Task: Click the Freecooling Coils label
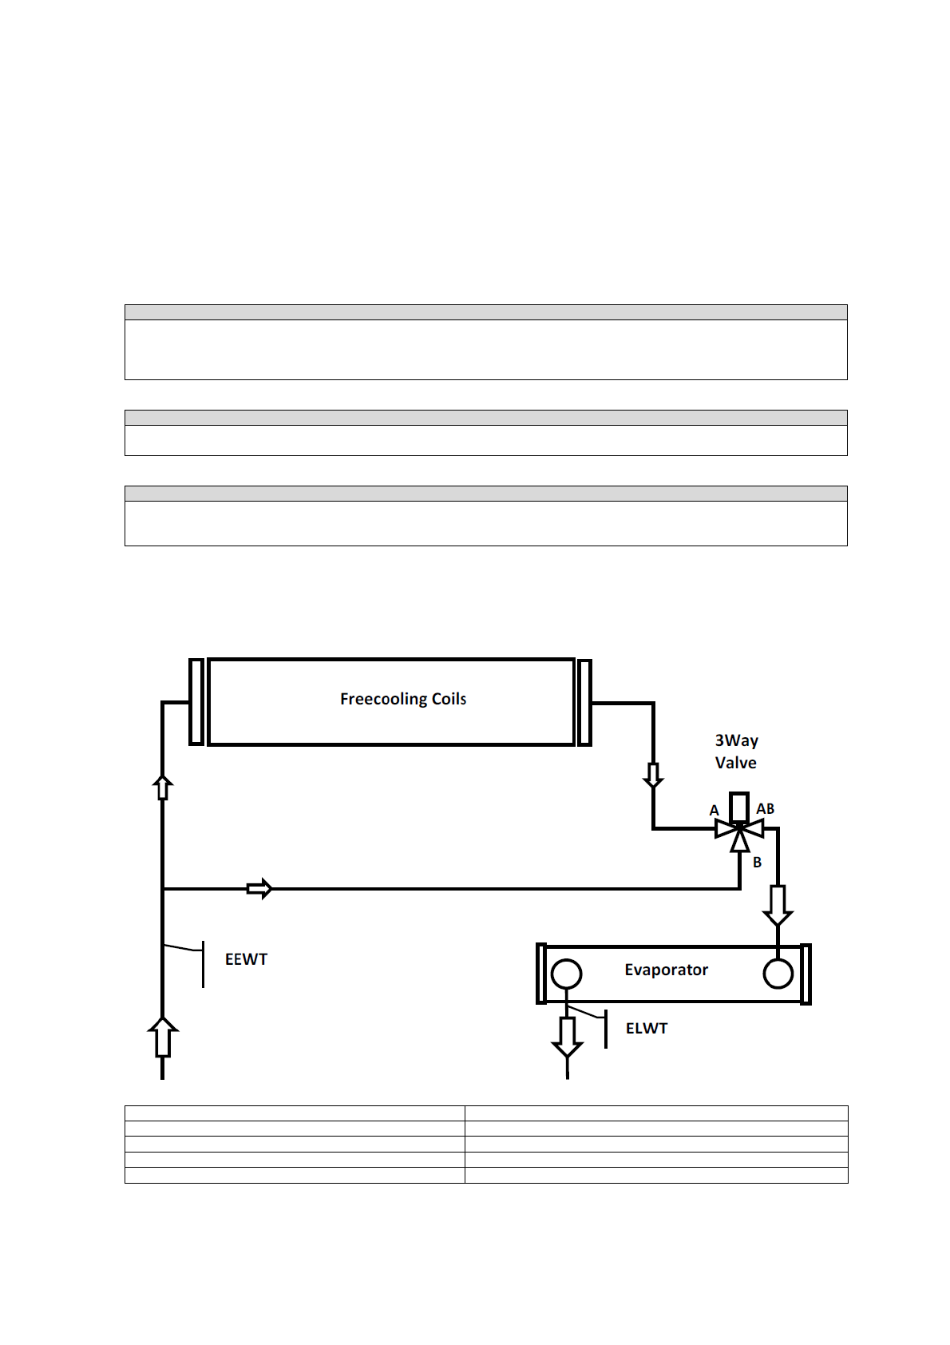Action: coord(403,699)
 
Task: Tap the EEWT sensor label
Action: coord(246,959)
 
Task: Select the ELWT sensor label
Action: coord(646,1029)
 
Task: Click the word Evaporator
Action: coord(666,970)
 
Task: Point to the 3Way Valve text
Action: coord(736,752)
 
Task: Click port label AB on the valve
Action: coord(765,809)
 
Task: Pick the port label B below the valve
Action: coord(757,863)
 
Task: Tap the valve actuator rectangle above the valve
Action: coord(739,806)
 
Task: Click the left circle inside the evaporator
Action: coord(566,974)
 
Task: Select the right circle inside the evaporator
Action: coord(778,974)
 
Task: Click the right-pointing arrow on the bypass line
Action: coord(259,888)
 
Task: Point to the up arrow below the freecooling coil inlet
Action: coord(163,787)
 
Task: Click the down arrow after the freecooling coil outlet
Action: coord(653,775)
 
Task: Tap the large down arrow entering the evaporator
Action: coord(778,905)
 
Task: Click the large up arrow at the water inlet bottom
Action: coord(163,1037)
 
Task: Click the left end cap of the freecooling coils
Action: coord(196,702)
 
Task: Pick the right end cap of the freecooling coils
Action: coord(584,702)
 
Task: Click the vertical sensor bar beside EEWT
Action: coord(203,964)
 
